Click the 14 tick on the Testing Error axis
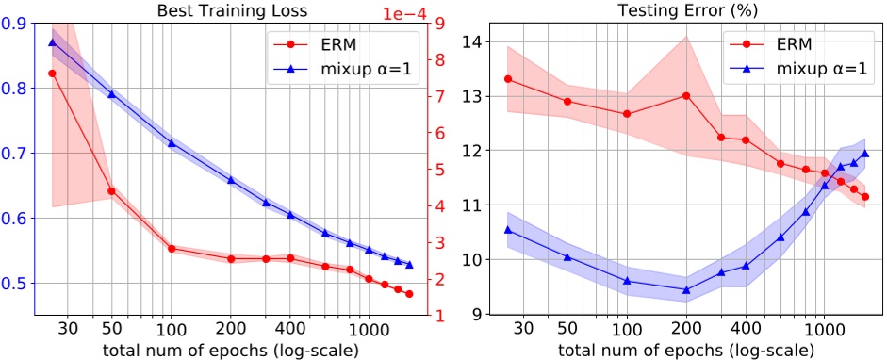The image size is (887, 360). click(x=469, y=42)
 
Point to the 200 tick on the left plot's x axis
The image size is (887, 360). click(x=230, y=332)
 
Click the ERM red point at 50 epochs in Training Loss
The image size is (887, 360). click(x=111, y=190)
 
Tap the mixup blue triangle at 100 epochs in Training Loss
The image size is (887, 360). click(x=172, y=143)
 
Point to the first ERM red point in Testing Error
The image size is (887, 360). click(x=508, y=78)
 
